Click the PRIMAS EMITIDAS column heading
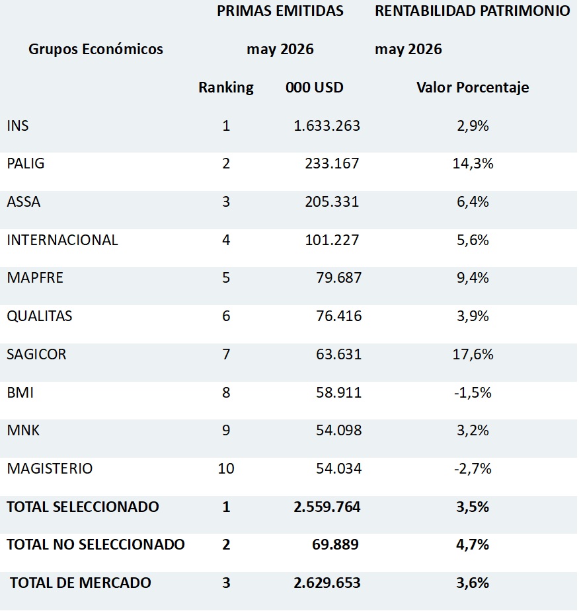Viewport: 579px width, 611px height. coord(280,11)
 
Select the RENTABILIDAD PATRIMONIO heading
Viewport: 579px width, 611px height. coord(472,11)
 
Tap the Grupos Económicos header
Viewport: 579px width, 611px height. coord(96,49)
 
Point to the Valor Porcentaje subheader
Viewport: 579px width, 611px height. coord(473,88)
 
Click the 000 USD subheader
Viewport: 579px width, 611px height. coord(314,87)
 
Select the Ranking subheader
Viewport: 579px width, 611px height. coord(226,88)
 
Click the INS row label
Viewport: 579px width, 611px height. coord(18,126)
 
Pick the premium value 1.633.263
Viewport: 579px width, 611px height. coord(327,126)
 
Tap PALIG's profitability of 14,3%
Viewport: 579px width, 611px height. coord(473,164)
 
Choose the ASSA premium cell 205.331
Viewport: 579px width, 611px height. coord(332,202)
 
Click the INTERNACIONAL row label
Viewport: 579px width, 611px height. coord(62,240)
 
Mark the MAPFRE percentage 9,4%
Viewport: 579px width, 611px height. coord(473,278)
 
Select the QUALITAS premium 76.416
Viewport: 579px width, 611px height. coord(339,316)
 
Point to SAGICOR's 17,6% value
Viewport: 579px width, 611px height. coord(473,354)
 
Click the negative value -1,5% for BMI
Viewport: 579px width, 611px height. coord(473,392)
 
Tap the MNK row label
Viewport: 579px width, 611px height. coord(23,431)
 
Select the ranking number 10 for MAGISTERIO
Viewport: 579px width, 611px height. coord(226,468)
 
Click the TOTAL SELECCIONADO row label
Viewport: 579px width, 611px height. coord(83,507)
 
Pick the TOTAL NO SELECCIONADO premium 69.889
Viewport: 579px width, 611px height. coord(335,545)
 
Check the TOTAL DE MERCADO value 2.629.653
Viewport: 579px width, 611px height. coord(327,583)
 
